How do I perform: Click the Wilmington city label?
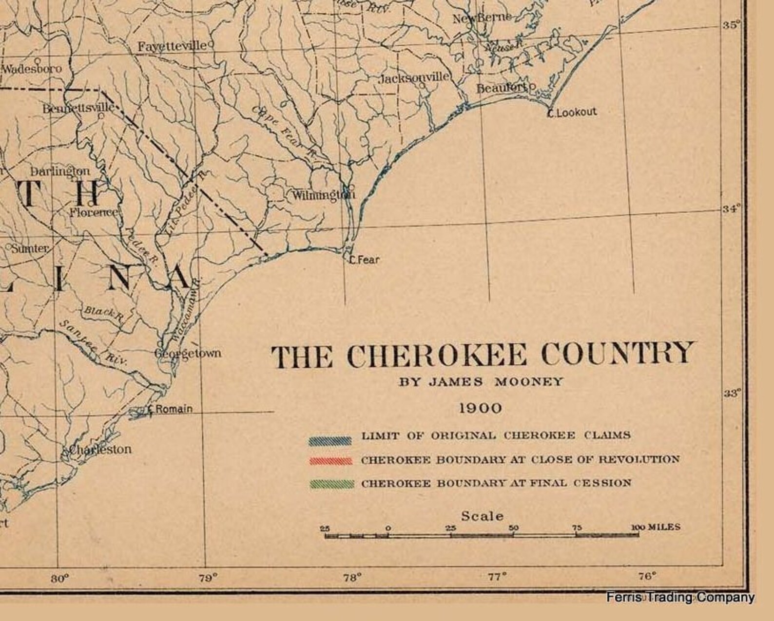click(x=323, y=196)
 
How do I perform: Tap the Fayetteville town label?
click(x=172, y=46)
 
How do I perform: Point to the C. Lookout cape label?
click(x=572, y=112)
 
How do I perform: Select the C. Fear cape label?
click(x=364, y=260)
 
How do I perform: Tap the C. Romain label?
click(x=170, y=409)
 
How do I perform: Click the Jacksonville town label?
click(x=414, y=78)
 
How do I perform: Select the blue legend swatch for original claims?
click(x=330, y=440)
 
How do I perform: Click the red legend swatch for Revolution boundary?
click(x=330, y=461)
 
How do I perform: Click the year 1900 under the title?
click(x=480, y=408)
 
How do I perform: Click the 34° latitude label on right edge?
click(x=731, y=209)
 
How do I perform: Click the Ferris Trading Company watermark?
click(x=680, y=597)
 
